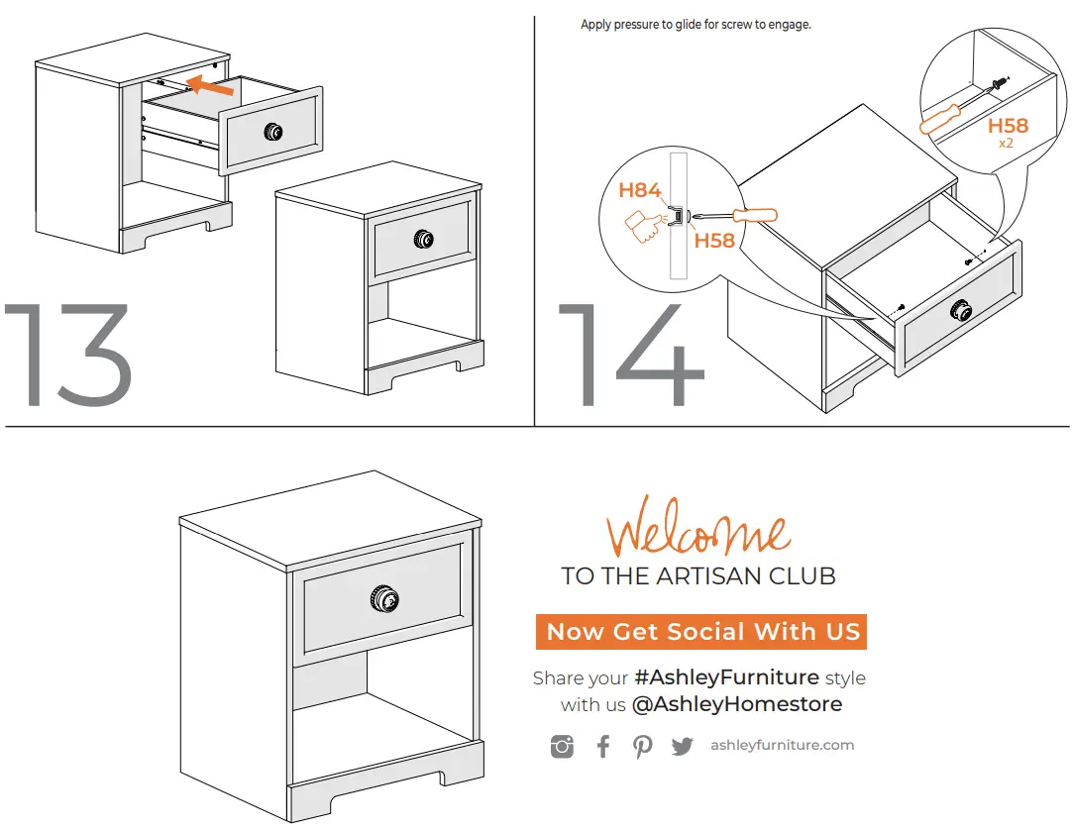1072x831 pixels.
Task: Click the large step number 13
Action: [69, 356]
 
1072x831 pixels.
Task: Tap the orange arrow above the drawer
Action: [210, 86]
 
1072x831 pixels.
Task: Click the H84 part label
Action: [640, 190]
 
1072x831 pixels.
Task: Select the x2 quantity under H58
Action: [1006, 144]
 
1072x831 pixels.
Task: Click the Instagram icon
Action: [562, 747]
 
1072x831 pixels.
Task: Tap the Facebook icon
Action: [603, 746]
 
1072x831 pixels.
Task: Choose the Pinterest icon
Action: [643, 747]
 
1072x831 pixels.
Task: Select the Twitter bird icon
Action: [683, 747]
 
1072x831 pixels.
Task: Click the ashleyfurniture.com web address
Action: [782, 746]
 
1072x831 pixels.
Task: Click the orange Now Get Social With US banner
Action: [701, 632]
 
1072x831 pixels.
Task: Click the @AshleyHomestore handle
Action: [736, 704]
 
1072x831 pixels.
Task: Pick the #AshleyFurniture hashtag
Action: [726, 677]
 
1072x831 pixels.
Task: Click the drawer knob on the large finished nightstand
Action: [383, 599]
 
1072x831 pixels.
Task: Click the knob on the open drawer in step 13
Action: [272, 132]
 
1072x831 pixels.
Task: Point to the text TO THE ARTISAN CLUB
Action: [698, 575]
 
